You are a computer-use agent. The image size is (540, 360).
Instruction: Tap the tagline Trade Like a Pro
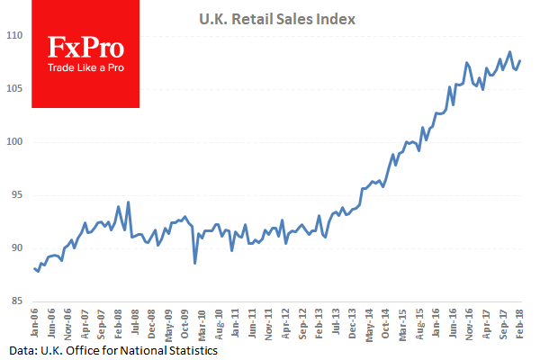[x=85, y=68]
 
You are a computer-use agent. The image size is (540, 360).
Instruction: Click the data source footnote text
[x=114, y=349]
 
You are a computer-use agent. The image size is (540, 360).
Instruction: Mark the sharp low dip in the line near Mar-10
[x=195, y=263]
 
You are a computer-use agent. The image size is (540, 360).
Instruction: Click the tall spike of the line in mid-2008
[x=129, y=202]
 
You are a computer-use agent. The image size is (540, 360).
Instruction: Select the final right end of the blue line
[x=520, y=60]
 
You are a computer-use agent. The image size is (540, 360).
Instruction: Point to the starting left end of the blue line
[x=34, y=268]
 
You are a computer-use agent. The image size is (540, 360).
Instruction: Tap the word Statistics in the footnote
[x=190, y=349]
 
